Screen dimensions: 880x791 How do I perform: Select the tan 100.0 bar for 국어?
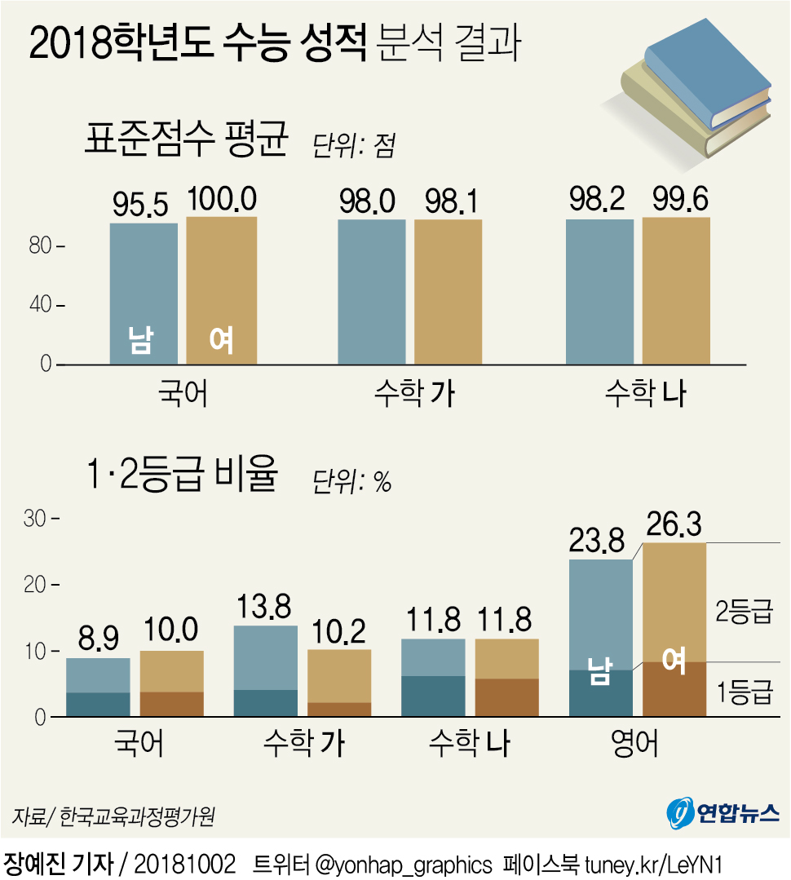(221, 290)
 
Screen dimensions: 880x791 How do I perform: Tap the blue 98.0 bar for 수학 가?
(372, 290)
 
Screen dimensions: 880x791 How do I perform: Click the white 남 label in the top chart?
(139, 340)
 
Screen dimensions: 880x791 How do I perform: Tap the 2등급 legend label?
(743, 613)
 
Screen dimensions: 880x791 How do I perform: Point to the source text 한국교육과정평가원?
(138, 816)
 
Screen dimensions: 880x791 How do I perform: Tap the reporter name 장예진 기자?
(57, 864)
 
